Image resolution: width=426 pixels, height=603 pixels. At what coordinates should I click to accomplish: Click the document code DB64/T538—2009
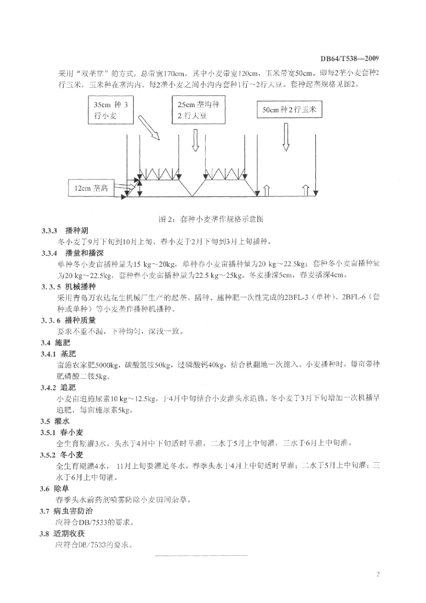click(x=349, y=58)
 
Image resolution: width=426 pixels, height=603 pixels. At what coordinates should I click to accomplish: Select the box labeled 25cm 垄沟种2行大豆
click(x=198, y=110)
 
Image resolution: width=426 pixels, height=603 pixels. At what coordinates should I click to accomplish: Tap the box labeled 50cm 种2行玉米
click(x=289, y=110)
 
